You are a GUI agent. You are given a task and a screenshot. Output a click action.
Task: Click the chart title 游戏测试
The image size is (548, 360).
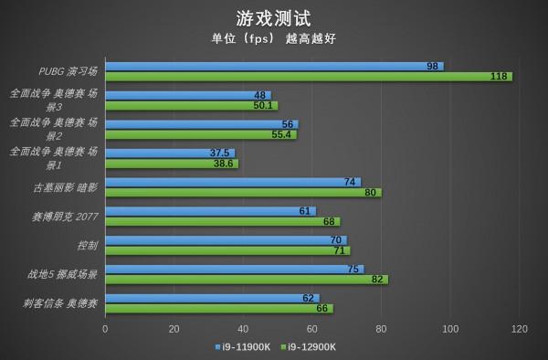273,17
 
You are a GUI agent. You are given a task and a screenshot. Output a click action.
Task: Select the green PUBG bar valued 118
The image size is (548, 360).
309,77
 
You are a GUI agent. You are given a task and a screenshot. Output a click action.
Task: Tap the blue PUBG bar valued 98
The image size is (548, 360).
274,67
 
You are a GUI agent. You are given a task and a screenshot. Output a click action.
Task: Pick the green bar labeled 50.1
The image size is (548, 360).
191,106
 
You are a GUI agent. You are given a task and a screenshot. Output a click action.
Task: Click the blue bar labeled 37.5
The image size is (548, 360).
170,153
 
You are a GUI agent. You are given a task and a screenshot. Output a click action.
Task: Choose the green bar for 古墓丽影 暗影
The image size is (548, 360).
243,193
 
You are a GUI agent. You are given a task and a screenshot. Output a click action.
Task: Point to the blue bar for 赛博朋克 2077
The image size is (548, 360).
210,211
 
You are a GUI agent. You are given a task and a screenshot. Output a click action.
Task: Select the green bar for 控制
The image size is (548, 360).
227,250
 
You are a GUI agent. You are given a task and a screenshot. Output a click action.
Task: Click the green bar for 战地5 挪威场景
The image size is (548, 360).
247,280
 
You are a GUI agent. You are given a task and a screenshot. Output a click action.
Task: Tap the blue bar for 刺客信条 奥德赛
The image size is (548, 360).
212,298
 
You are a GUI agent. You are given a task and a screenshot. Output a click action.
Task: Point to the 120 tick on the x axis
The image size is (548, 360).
520,329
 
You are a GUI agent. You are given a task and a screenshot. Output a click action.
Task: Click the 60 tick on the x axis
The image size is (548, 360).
312,329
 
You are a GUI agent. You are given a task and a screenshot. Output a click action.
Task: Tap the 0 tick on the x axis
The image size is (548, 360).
105,329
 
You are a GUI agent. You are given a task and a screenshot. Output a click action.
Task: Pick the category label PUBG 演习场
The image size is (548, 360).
68,71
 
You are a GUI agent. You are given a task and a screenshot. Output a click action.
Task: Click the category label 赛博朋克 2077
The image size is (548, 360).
65,217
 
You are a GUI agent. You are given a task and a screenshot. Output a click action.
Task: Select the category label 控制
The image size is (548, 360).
88,245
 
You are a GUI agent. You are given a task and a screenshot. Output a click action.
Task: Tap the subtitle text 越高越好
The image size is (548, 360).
317,38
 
